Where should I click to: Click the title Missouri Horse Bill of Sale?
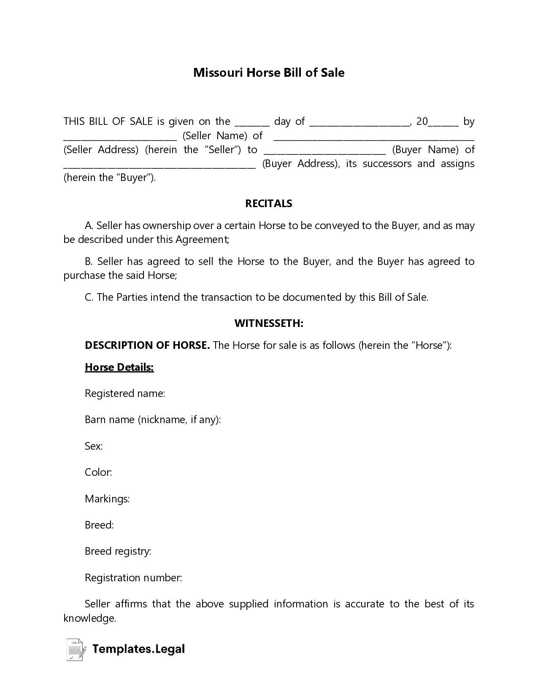pyautogui.click(x=269, y=73)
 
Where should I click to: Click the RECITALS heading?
pyautogui.click(x=269, y=203)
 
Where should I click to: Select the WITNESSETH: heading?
pyautogui.click(x=269, y=323)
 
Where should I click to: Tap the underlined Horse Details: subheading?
pyautogui.click(x=119, y=367)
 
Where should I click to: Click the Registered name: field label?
pyautogui.click(x=124, y=393)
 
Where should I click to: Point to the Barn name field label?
pyautogui.click(x=153, y=419)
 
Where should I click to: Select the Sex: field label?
pyautogui.click(x=94, y=446)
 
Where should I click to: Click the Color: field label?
pyautogui.click(x=98, y=472)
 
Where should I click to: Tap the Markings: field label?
pyautogui.click(x=107, y=499)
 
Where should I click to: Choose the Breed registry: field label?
pyautogui.click(x=118, y=551)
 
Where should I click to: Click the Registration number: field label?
pyautogui.click(x=133, y=577)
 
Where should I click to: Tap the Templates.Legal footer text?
pyautogui.click(x=138, y=649)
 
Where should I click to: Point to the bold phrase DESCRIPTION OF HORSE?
pyautogui.click(x=147, y=345)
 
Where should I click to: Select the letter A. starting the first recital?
pyautogui.click(x=89, y=226)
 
